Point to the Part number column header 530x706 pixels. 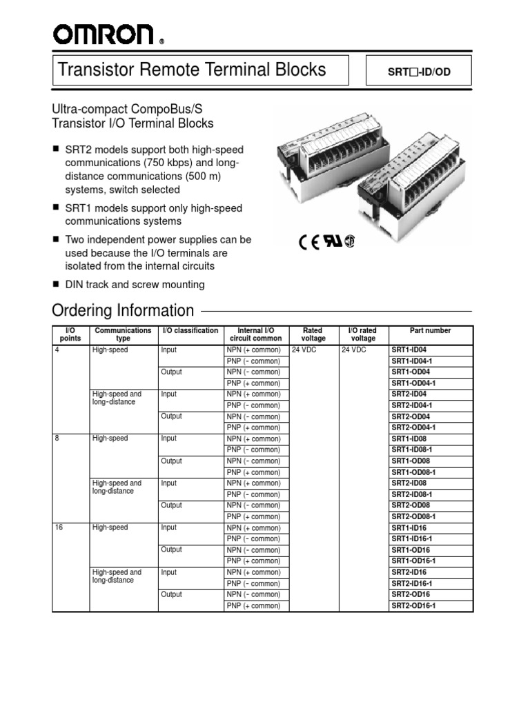430,331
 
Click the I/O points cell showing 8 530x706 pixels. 57,439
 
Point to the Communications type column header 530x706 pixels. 123,334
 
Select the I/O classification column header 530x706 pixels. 190,331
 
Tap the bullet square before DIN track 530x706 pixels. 57,284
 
